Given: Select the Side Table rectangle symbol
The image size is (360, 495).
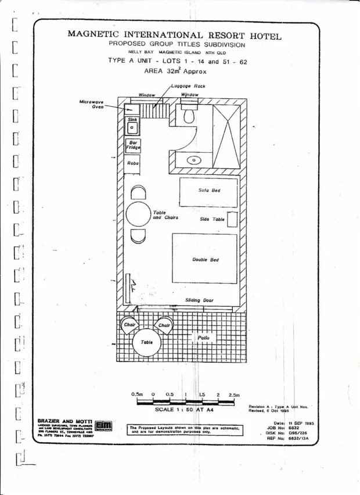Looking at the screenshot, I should [232, 220].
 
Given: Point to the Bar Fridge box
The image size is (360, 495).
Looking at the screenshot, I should [133, 145].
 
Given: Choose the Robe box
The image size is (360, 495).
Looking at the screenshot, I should [133, 163].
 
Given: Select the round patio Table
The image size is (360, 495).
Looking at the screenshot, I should [147, 342].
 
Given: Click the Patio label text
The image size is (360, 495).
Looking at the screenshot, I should [203, 338].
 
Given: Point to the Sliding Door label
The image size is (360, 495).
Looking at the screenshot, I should [199, 300].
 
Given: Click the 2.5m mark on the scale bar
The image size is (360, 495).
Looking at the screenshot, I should [234, 394].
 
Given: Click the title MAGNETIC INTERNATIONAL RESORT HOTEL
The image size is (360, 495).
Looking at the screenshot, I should [175, 34].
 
